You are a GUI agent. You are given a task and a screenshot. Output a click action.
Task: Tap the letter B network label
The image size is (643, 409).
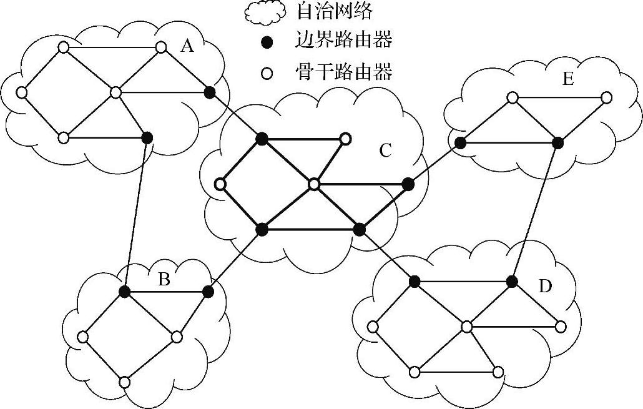pyautogui.click(x=164, y=279)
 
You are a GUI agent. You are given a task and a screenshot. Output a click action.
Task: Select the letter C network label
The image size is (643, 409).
pyautogui.click(x=385, y=150)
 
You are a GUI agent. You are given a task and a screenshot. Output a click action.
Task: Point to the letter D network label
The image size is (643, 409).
pyautogui.click(x=545, y=286)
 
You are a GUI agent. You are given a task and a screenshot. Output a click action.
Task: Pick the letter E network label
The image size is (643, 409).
pyautogui.click(x=567, y=79)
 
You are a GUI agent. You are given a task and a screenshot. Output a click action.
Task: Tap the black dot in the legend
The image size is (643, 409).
pyautogui.click(x=267, y=42)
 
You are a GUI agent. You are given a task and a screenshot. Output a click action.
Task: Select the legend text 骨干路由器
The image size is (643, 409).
pyautogui.click(x=343, y=73)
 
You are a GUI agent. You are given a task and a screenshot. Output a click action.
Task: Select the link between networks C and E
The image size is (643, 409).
pyautogui.click(x=434, y=164)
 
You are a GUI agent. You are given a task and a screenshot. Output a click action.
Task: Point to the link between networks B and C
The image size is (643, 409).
pyautogui.click(x=235, y=260)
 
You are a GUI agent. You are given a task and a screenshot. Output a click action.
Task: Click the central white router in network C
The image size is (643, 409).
pyautogui.click(x=314, y=184)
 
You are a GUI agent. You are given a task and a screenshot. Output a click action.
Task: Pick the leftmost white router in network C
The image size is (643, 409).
pyautogui.click(x=220, y=184)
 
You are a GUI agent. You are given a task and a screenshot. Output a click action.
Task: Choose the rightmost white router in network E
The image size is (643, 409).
pyautogui.click(x=606, y=98)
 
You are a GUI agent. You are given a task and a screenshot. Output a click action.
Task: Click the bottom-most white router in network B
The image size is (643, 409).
pyautogui.click(x=124, y=382)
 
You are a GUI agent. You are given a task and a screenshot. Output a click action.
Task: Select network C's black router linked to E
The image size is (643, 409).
pyautogui.click(x=408, y=184)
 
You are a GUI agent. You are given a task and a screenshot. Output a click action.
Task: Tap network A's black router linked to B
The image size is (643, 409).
pyautogui.click(x=147, y=137)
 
